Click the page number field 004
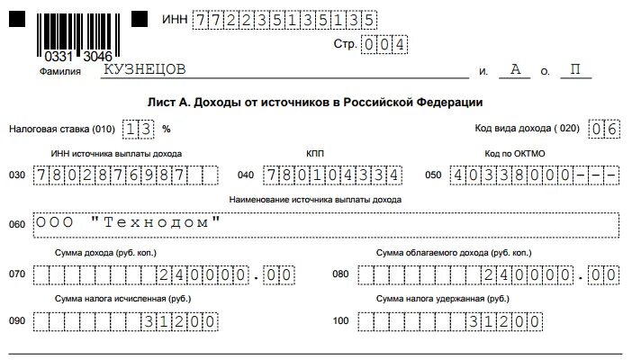coord(383,44)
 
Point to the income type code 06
coord(603,129)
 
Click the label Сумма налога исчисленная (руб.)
coord(122,298)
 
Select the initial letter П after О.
coord(573,70)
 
